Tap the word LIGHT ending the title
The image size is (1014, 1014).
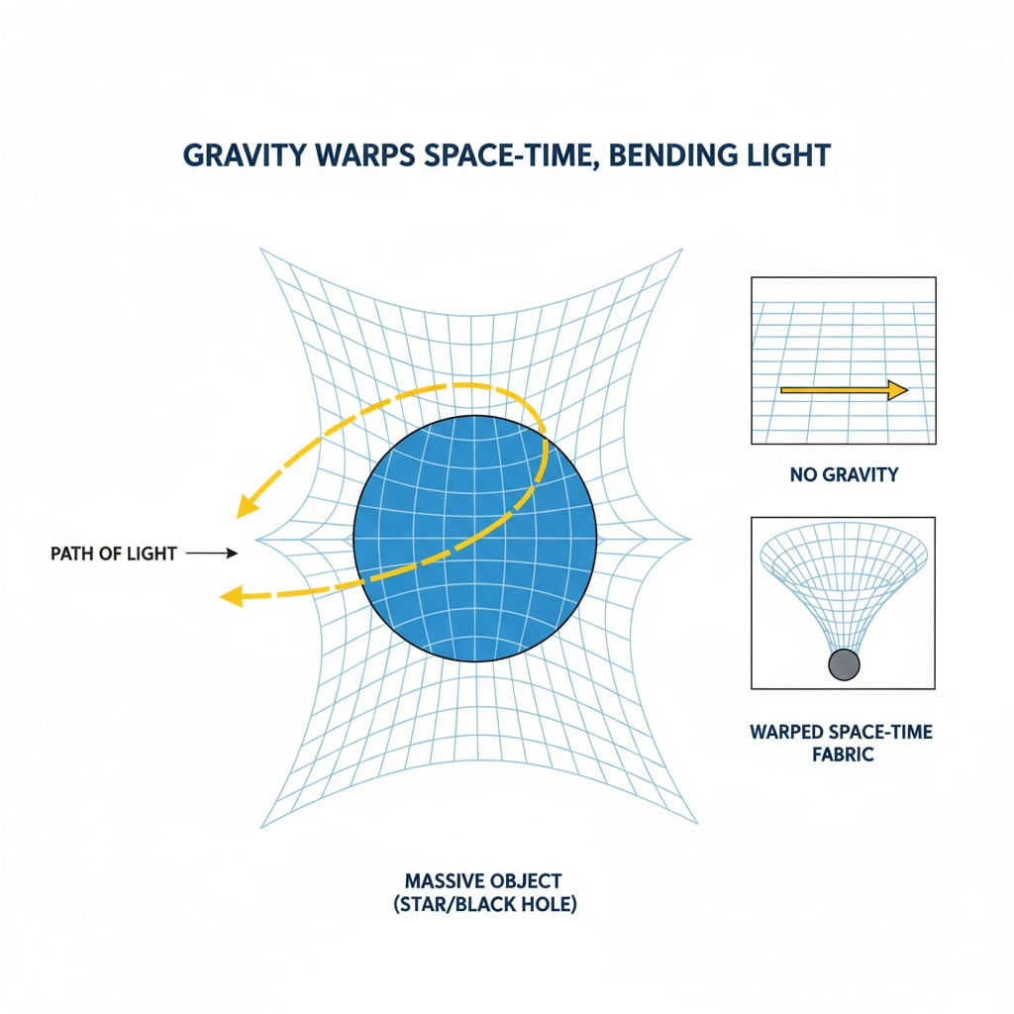782,156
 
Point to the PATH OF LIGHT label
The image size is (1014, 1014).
113,554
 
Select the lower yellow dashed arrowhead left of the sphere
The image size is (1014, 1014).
230,595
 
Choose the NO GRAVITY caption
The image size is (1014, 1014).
844,475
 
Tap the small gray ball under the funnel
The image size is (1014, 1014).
844,664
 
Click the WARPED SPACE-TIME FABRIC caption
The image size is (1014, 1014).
843,743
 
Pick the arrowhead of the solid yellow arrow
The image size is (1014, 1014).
897,391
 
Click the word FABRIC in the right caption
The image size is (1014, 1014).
843,754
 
